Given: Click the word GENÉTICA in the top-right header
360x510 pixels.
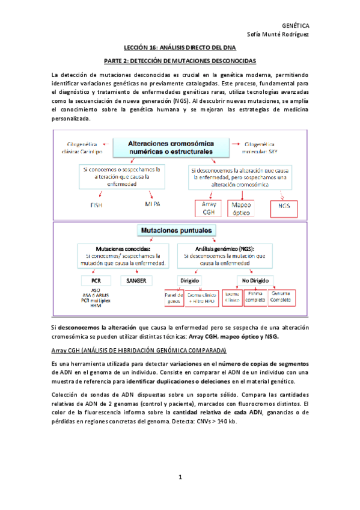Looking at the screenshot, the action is (296, 25).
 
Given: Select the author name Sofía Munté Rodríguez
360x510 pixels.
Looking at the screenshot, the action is (278, 34).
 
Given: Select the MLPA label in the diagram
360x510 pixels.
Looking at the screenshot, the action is (153, 204).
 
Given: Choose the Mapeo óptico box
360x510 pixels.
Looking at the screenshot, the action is (243, 207).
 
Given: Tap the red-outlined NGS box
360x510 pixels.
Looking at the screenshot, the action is (284, 205).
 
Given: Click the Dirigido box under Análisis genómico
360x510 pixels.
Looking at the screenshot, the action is (190, 280).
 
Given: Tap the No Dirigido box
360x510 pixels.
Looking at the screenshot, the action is (254, 280).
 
